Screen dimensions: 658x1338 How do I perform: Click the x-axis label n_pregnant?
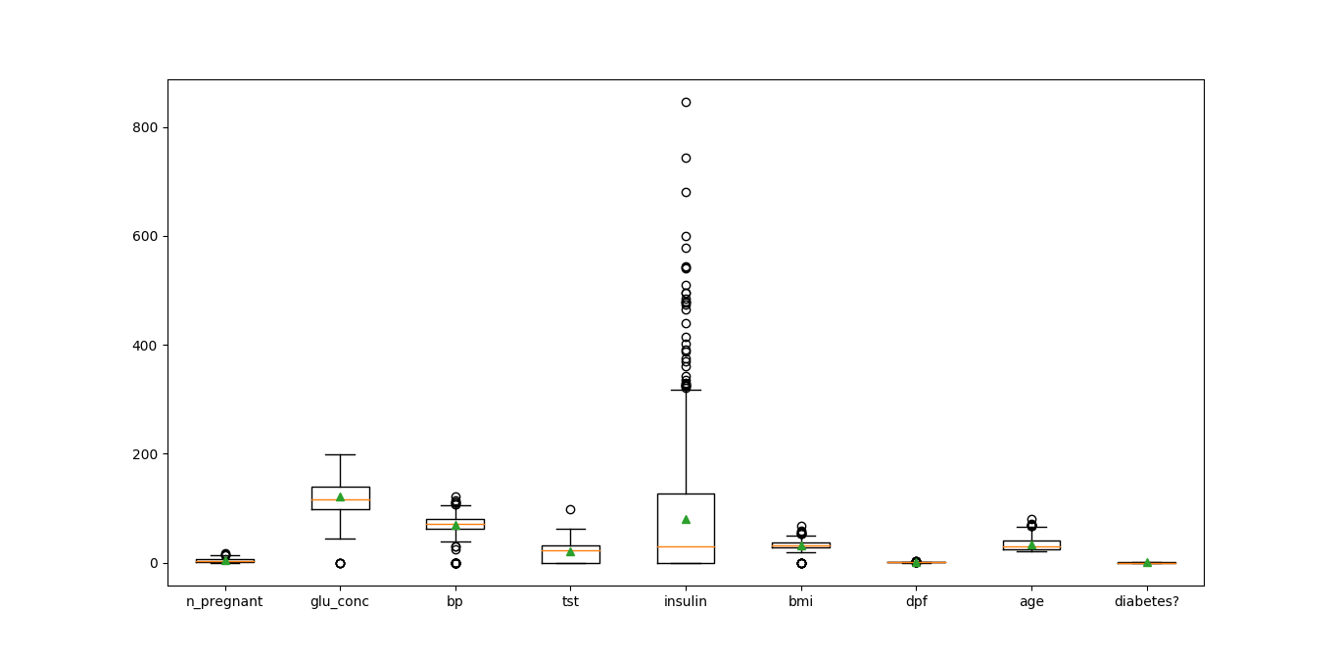pyautogui.click(x=224, y=601)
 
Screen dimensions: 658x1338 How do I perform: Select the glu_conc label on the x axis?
pyautogui.click(x=340, y=601)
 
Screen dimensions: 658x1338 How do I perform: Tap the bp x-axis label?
pyautogui.click(x=454, y=601)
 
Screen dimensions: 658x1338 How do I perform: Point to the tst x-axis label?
pyautogui.click(x=570, y=601)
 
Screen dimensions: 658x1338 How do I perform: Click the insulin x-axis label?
pyautogui.click(x=686, y=601)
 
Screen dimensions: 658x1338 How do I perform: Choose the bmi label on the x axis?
pyautogui.click(x=800, y=601)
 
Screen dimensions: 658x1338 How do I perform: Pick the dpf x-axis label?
pyautogui.click(x=916, y=601)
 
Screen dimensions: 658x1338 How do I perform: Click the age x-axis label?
pyautogui.click(x=1031, y=601)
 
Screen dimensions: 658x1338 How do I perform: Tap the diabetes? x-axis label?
pyautogui.click(x=1146, y=601)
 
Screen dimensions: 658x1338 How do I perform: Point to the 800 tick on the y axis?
pyautogui.click(x=147, y=127)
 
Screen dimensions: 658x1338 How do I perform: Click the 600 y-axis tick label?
pyautogui.click(x=147, y=236)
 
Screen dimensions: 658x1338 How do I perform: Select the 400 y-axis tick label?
pyautogui.click(x=147, y=346)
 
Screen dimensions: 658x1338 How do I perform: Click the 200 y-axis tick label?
pyautogui.click(x=147, y=454)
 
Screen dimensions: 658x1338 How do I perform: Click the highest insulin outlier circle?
pyautogui.click(x=686, y=102)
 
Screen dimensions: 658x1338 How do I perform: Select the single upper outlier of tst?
pyautogui.click(x=570, y=509)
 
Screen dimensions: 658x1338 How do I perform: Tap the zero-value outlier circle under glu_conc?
pyautogui.click(x=340, y=563)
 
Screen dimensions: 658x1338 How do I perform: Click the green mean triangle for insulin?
pyautogui.click(x=686, y=519)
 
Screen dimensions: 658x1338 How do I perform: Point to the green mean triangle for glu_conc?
pyautogui.click(x=340, y=497)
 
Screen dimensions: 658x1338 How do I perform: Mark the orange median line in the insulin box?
pyautogui.click(x=686, y=546)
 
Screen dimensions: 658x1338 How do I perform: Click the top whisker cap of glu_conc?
pyautogui.click(x=340, y=454)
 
